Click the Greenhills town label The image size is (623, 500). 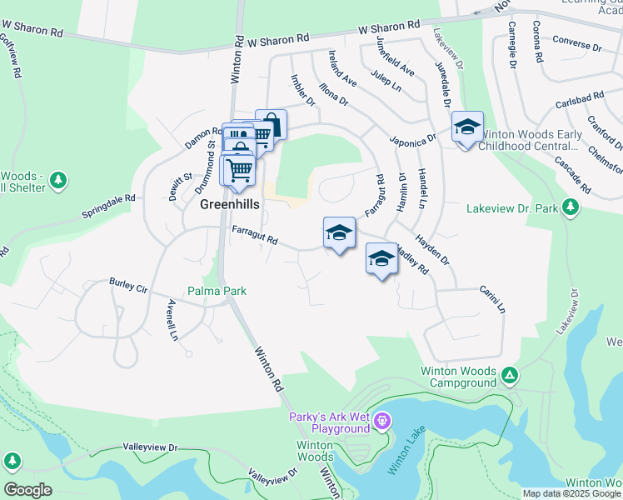[x=229, y=203]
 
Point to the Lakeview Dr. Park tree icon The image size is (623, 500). [x=571, y=207]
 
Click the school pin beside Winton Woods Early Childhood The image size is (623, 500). [x=467, y=127]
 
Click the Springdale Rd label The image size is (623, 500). [x=108, y=207]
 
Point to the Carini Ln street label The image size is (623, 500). [x=491, y=299]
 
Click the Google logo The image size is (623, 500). [x=27, y=490]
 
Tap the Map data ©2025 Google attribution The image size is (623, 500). [x=571, y=493]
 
